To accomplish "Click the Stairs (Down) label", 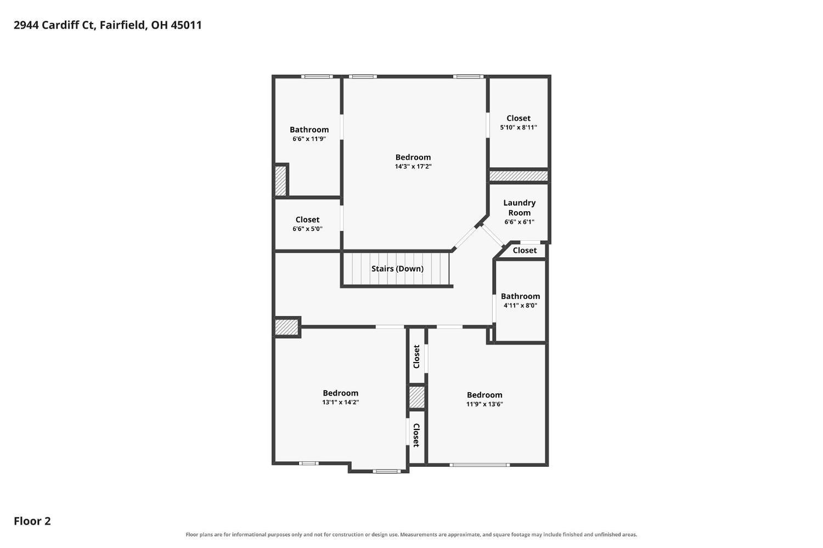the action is [x=397, y=269].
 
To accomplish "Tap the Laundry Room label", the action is [x=519, y=207].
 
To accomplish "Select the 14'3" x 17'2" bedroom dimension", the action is [x=413, y=166].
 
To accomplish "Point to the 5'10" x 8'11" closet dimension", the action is [x=518, y=127].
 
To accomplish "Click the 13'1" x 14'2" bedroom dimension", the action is [x=340, y=402].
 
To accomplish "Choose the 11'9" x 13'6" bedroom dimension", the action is [x=484, y=404].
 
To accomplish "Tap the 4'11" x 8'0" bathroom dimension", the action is [x=520, y=306].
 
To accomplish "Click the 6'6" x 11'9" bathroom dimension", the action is [x=309, y=139].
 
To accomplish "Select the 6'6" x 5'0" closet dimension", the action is [x=307, y=229].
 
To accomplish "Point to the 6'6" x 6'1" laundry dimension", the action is [x=519, y=222].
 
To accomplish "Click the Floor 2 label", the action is [x=32, y=521].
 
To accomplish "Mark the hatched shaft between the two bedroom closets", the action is [x=416, y=397].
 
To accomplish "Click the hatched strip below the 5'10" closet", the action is [x=518, y=176].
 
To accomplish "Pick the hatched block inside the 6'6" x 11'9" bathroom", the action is [x=280, y=180].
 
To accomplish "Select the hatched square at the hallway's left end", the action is [x=286, y=327].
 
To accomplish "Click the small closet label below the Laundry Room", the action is [x=525, y=251].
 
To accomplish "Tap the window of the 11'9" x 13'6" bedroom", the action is [x=480, y=465].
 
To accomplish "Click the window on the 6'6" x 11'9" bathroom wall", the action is [x=317, y=77].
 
